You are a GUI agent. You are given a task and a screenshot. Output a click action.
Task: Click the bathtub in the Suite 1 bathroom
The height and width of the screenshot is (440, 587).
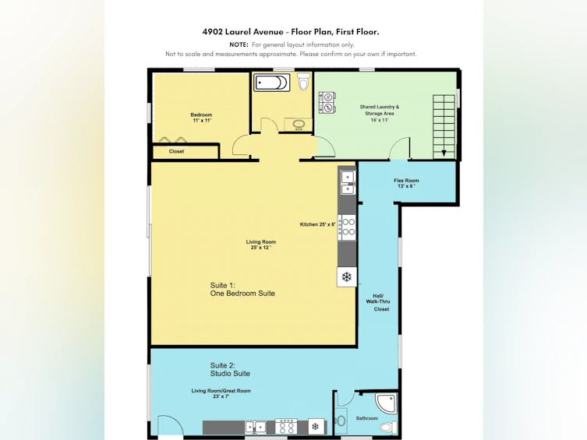click(x=272, y=83)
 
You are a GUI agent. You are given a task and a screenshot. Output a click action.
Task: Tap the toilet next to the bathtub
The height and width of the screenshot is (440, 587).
click(x=304, y=82)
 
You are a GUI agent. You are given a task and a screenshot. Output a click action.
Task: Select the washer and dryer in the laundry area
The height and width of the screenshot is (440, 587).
click(x=327, y=103)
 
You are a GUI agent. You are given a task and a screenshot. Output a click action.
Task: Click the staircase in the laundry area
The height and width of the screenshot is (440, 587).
click(x=444, y=127)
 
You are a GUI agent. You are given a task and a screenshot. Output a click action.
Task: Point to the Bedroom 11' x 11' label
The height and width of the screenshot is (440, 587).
click(x=201, y=118)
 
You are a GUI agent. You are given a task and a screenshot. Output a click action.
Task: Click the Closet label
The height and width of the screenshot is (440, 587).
click(x=176, y=151)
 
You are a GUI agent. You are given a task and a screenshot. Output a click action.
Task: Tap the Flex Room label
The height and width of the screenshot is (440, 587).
click(x=406, y=183)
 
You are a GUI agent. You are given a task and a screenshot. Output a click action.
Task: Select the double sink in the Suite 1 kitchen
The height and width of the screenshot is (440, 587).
click(x=348, y=182)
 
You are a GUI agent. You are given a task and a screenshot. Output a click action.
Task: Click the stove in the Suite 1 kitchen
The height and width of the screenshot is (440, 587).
click(x=347, y=227)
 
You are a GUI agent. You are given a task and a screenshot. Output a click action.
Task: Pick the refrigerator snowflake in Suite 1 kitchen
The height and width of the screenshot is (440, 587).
click(x=347, y=277)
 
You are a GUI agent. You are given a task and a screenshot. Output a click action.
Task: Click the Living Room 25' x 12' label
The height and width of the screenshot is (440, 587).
click(x=261, y=245)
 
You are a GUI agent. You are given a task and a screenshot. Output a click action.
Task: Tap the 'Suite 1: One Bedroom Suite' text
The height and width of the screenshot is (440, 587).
click(x=242, y=290)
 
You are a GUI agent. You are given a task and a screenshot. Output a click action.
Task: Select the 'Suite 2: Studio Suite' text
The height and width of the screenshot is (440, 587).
click(x=230, y=369)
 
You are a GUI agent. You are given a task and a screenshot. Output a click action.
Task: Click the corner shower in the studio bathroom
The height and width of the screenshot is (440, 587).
click(x=387, y=403)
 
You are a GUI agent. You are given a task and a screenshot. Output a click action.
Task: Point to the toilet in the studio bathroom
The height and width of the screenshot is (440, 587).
click(x=388, y=427)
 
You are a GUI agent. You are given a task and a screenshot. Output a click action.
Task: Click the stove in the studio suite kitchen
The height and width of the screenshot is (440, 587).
click(x=286, y=427)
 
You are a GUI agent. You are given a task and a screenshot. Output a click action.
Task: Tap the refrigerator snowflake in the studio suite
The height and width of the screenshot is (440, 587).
click(x=316, y=427)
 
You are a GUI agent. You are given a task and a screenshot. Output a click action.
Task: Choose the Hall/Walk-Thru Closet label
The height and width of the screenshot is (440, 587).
click(x=378, y=302)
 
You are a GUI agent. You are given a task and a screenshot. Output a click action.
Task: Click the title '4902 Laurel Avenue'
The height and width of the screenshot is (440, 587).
click(x=243, y=32)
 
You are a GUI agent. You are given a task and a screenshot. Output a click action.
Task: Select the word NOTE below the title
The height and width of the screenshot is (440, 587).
click(x=239, y=44)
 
